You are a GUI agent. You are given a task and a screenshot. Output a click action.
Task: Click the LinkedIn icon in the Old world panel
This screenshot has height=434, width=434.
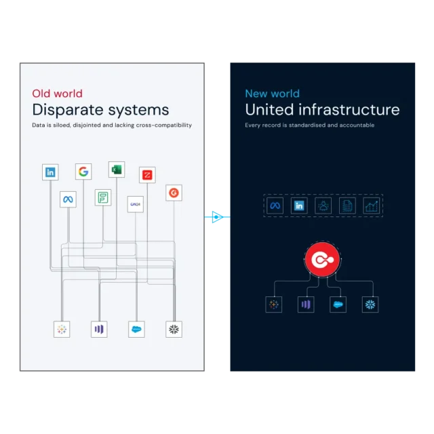pos(50,172)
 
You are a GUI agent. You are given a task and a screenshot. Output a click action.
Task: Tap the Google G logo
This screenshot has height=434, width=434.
pos(83,172)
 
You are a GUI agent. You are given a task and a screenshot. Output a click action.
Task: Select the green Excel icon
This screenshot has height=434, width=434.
pos(116,170)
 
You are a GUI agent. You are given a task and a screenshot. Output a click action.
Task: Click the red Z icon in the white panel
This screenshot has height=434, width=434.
pos(147,175)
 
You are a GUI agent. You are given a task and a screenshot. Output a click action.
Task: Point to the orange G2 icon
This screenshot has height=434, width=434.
pos(174,193)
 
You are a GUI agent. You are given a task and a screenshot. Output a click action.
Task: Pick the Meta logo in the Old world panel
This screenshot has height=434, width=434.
pos(68,199)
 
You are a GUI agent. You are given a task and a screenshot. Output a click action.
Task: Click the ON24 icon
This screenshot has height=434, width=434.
pos(135,204)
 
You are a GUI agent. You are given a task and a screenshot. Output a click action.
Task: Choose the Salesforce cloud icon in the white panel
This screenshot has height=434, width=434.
pos(138,330)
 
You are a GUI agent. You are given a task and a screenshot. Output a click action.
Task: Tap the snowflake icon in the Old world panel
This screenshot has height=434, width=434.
pos(174,330)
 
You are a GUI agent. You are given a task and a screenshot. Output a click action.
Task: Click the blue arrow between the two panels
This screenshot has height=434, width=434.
pos(216,217)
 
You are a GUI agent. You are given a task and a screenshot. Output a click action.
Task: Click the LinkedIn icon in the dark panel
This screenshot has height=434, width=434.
pos(299,206)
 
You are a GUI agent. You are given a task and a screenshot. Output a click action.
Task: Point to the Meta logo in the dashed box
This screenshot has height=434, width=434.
pos(275,206)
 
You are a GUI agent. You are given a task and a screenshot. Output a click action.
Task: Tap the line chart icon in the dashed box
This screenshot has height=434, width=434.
pos(371,206)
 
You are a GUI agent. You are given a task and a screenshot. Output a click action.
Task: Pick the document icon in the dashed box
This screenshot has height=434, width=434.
pos(347,206)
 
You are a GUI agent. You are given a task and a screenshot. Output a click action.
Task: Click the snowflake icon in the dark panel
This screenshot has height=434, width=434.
pos(370,304)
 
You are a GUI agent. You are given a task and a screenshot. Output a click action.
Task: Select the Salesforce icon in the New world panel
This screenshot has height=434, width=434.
pos(338,304)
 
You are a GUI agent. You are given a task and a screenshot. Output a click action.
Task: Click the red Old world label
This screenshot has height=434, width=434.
pos(57,94)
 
